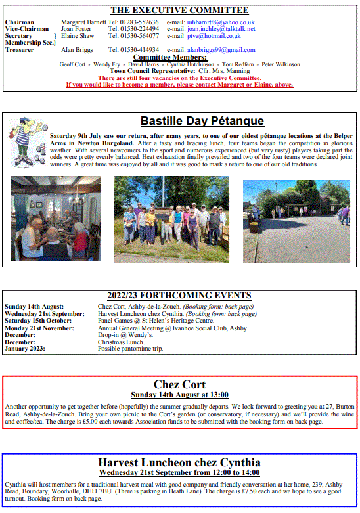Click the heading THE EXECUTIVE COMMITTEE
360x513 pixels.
[x=179, y=11]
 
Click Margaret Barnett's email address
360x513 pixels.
[x=219, y=22]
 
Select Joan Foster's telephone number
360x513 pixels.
[x=133, y=29]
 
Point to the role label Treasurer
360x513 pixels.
[x=20, y=50]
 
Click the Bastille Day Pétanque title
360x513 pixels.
[x=202, y=121]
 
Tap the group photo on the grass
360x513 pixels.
[x=171, y=218]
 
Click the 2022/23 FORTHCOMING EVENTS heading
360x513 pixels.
[x=179, y=296]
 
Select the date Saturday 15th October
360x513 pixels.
[x=37, y=321]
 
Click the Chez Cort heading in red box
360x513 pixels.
[x=179, y=384]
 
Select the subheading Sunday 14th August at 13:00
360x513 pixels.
[x=179, y=395]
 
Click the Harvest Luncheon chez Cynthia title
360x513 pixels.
[x=179, y=462]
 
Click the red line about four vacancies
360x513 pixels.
[x=179, y=78]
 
